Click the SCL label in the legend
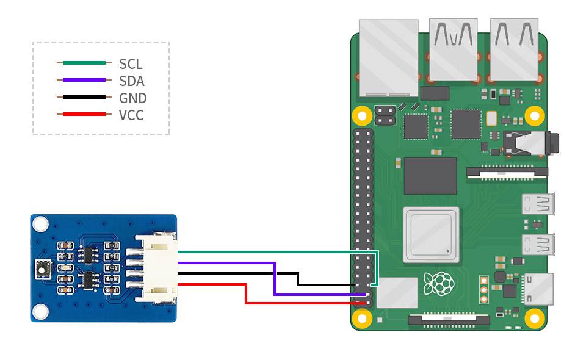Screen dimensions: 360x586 (x=131, y=63)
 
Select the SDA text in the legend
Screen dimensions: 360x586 (x=132, y=81)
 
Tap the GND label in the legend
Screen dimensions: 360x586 (x=133, y=98)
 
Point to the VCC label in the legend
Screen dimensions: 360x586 (x=132, y=115)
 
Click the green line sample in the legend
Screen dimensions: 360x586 (x=84, y=63)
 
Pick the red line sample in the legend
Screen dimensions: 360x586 (x=84, y=114)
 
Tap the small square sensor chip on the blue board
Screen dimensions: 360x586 (x=42, y=267)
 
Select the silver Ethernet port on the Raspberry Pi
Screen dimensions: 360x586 (x=388, y=58)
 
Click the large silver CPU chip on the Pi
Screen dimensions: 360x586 (x=430, y=236)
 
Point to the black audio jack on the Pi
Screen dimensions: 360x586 (x=529, y=143)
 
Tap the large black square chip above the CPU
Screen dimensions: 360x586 (x=430, y=176)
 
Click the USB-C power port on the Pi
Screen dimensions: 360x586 (x=538, y=289)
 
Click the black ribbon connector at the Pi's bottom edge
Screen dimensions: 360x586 (x=449, y=319)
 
